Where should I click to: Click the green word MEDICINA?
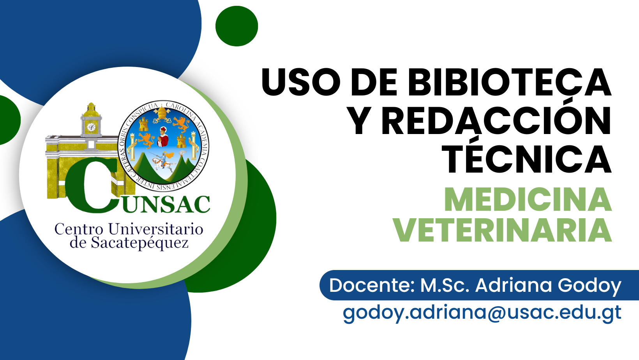click(x=528, y=199)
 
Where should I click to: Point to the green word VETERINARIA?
click(x=503, y=230)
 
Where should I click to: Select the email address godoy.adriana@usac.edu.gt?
click(x=482, y=313)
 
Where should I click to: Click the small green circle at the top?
click(x=237, y=26)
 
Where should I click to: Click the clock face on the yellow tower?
click(x=91, y=127)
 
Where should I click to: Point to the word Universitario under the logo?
click(x=156, y=229)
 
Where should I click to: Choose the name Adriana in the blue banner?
click(x=514, y=285)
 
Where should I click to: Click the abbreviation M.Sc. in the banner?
click(x=445, y=285)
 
